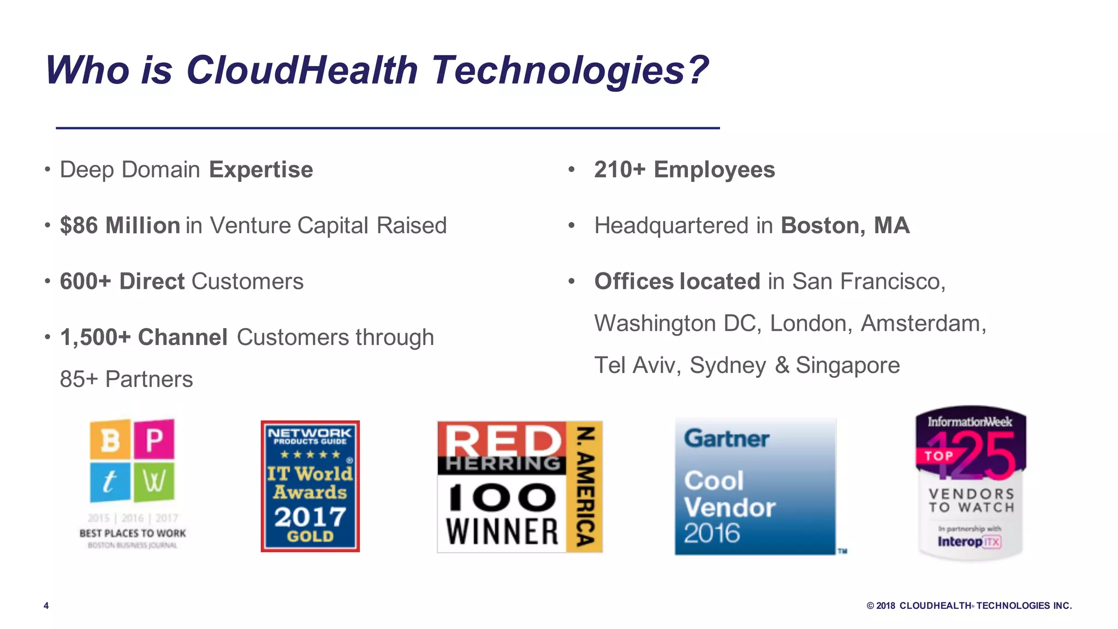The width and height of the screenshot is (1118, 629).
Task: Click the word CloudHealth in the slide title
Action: [x=302, y=70]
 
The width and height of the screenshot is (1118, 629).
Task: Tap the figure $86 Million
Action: [x=120, y=226]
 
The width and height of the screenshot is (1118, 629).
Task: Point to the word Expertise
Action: [x=261, y=170]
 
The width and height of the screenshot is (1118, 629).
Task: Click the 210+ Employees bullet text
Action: [x=684, y=170]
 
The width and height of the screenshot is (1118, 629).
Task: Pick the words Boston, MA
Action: [x=845, y=226]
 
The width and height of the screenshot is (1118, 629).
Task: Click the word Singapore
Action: [x=847, y=365]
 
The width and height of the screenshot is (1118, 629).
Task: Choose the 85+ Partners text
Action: [x=126, y=379]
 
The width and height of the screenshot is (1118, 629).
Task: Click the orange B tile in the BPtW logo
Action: [x=110, y=439]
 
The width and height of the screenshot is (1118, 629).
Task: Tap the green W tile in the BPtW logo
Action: [x=154, y=482]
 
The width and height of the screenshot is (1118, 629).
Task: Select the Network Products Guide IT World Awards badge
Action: [x=310, y=486]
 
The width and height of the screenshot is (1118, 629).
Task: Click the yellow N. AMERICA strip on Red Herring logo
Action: [x=585, y=486]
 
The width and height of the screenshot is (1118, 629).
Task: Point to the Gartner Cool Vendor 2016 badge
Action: [x=755, y=486]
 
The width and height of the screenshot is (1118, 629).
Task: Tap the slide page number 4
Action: [x=46, y=606]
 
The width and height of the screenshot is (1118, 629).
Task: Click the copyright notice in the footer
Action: [x=969, y=606]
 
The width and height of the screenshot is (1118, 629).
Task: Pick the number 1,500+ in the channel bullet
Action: [x=95, y=337]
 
